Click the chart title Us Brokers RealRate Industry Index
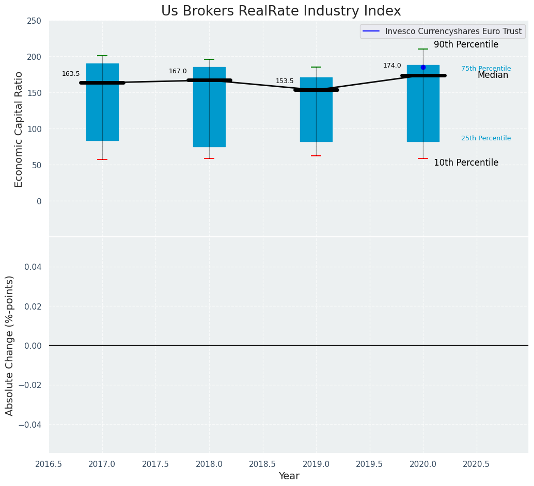[281, 11]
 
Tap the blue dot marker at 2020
[423, 68]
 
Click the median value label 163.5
[71, 74]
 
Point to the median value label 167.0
[178, 71]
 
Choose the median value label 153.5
[285, 81]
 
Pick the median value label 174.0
[392, 66]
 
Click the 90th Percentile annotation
[466, 45]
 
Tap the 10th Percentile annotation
[466, 163]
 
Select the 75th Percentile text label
[486, 69]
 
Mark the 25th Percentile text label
[486, 138]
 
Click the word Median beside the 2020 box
[493, 75]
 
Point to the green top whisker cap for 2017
[102, 56]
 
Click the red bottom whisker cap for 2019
[316, 156]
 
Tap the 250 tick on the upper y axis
[35, 21]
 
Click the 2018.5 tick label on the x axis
[263, 464]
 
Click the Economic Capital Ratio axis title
[19, 129]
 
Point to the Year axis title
[289, 476]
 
